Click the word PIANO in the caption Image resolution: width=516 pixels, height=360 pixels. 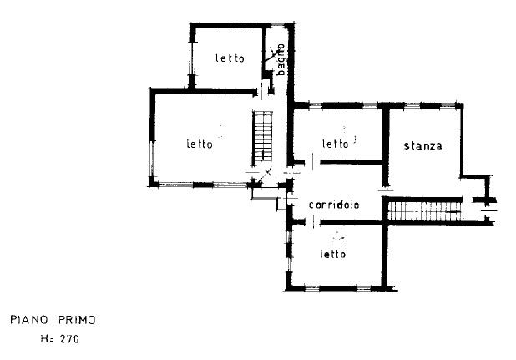pyautogui.click(x=29, y=320)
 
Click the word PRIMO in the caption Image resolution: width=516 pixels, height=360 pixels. pyautogui.click(x=77, y=320)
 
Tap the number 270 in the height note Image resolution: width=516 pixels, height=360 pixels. pyautogui.click(x=69, y=339)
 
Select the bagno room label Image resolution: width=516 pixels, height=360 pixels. pyautogui.click(x=281, y=60)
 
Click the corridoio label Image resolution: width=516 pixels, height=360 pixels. pyautogui.click(x=334, y=205)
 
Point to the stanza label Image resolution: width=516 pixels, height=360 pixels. pyautogui.click(x=422, y=145)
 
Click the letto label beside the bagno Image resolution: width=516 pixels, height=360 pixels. pyautogui.click(x=230, y=58)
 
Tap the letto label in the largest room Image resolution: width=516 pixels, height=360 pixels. pyautogui.click(x=200, y=144)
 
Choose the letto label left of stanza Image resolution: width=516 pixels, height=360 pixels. pyautogui.click(x=336, y=144)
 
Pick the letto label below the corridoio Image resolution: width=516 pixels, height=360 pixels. pyautogui.click(x=332, y=254)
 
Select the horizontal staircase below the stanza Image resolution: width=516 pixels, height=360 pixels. pyautogui.click(x=424, y=211)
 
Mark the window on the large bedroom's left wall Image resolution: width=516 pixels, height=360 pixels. pyautogui.click(x=152, y=159)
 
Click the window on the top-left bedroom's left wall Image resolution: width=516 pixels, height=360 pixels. pyautogui.click(x=192, y=58)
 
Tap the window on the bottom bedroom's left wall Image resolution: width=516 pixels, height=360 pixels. pyautogui.click(x=289, y=251)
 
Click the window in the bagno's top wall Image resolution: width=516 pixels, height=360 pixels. pyautogui.click(x=277, y=25)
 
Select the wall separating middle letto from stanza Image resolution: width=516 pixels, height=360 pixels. pyautogui.click(x=386, y=147)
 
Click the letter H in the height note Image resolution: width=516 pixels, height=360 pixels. pyautogui.click(x=44, y=339)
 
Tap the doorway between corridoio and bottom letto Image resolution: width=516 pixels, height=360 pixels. pyautogui.click(x=313, y=222)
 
